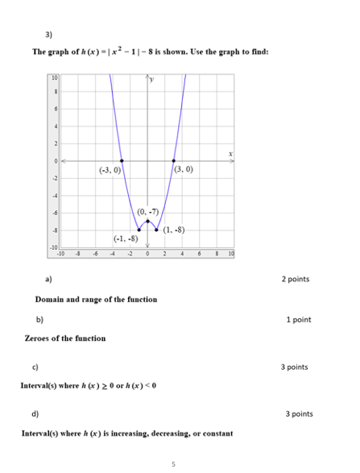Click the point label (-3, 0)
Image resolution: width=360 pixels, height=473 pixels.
tap(110, 171)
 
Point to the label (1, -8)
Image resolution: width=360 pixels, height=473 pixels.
tap(174, 230)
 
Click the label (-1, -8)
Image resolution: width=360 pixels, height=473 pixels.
tap(126, 239)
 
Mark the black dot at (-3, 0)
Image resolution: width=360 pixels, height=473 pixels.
tap(122, 160)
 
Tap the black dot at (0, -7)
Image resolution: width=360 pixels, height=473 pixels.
tap(147, 221)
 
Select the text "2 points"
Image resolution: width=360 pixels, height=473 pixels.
tap(296, 280)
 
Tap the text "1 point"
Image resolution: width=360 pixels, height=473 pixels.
tap(299, 320)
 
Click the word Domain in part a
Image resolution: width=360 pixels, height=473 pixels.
tap(51, 300)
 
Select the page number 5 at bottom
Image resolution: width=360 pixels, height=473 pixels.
tap(173, 463)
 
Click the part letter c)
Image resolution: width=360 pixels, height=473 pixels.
tap(36, 367)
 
